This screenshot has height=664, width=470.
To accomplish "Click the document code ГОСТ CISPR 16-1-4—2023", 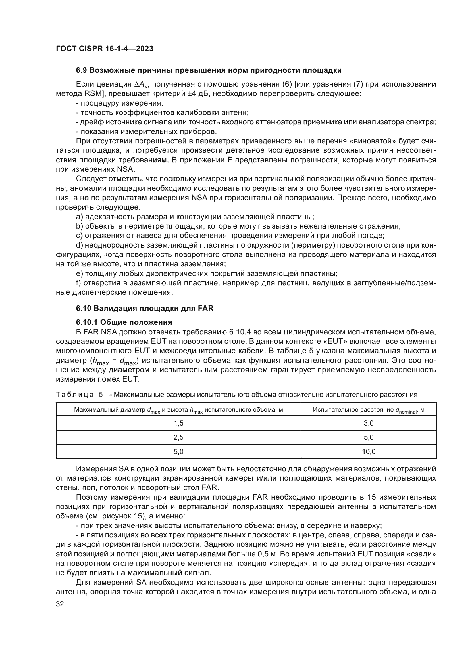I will pyautogui.click(x=105, y=49).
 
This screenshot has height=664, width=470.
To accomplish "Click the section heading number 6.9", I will pyautogui.click(x=82, y=70).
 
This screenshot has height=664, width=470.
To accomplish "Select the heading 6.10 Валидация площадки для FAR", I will pyautogui.click(x=145, y=308).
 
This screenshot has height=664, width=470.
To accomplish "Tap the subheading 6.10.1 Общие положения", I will pyautogui.click(x=124, y=322).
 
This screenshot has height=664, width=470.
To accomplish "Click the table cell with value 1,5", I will pyautogui.click(x=178, y=423).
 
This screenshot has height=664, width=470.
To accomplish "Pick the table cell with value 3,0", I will pyautogui.click(x=369, y=423).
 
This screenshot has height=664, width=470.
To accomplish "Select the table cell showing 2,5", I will pyautogui.click(x=178, y=437).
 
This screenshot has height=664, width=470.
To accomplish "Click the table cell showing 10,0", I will pyautogui.click(x=369, y=451).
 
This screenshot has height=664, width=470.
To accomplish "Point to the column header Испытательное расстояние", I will pyautogui.click(x=369, y=410).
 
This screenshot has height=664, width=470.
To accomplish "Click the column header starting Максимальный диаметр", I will pyautogui.click(x=178, y=410).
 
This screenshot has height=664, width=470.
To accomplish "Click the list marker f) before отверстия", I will pyautogui.click(x=79, y=283).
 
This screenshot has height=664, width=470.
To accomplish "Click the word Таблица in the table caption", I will pyautogui.click(x=74, y=395).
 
